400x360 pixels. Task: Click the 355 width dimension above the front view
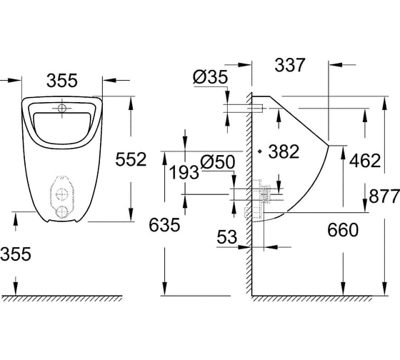[x=61, y=81]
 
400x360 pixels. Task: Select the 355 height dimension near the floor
[x=16, y=254]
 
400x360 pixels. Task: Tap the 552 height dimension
[x=131, y=159]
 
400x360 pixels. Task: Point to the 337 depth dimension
[x=290, y=65]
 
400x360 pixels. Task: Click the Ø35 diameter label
[x=210, y=77]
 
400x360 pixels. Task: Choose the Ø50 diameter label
[x=217, y=162]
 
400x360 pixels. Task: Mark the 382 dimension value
[x=284, y=151]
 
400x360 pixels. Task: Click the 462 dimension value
[x=365, y=161]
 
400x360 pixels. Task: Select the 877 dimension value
[x=384, y=196]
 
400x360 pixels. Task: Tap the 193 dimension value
[x=184, y=172]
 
